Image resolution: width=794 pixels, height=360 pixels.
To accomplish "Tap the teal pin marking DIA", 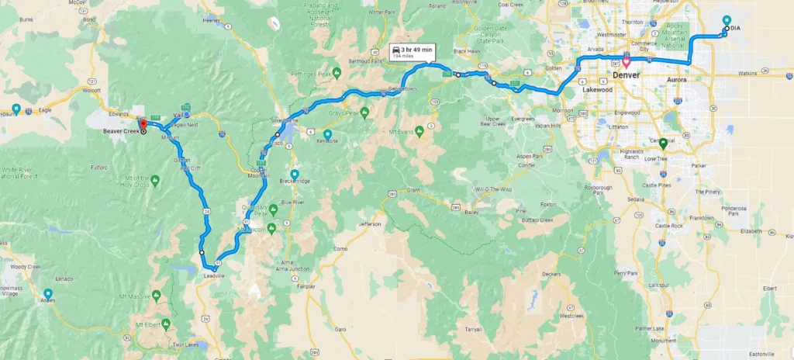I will (x=726, y=22).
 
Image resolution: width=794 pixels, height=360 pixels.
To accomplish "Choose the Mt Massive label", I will (x=144, y=296).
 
